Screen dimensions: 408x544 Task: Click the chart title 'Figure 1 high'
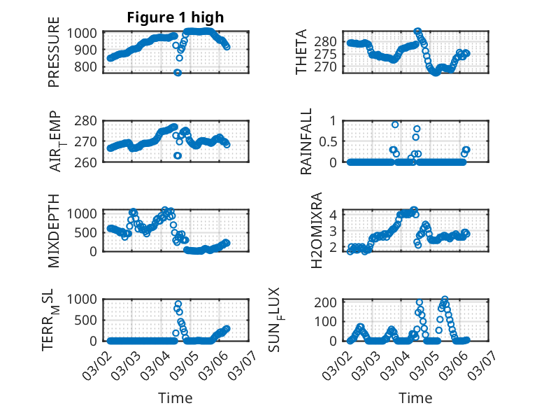(x=175, y=17)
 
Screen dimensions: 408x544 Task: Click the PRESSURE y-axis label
(x=54, y=57)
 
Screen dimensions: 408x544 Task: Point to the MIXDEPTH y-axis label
(x=54, y=230)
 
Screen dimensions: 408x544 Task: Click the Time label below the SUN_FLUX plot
(x=415, y=398)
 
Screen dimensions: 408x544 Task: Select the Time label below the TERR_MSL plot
(x=175, y=398)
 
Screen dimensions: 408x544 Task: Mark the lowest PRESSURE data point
(x=178, y=73)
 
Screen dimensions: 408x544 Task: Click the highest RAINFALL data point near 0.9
(x=395, y=125)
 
